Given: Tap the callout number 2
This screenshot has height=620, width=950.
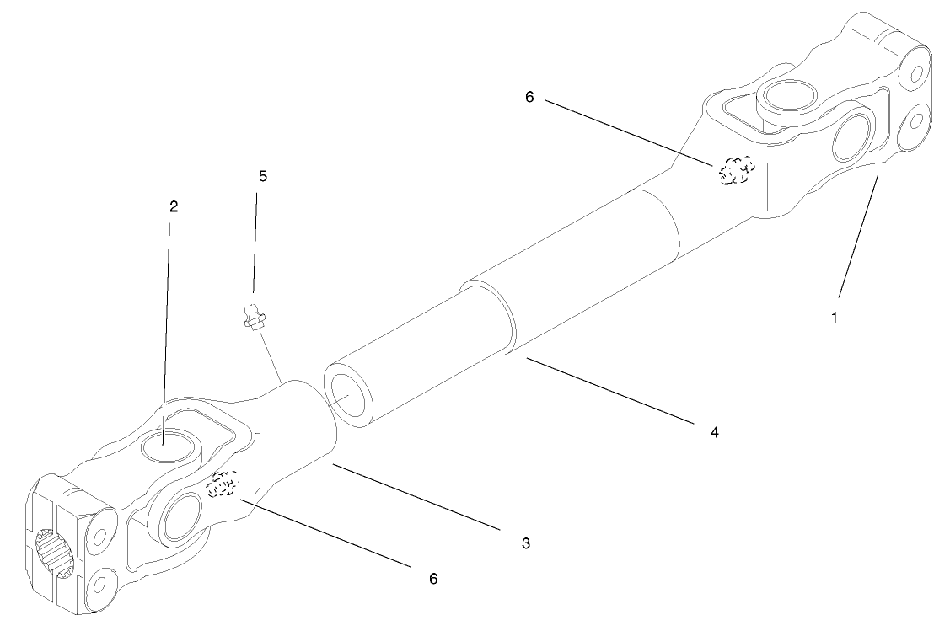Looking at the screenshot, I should coord(174,206).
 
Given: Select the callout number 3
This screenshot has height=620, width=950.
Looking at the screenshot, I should coord(525,543).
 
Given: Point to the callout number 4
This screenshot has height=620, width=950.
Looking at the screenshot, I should coord(713,432).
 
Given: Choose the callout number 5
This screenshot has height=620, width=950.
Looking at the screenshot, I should coord(262,176).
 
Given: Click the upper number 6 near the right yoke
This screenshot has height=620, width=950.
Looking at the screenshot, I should coord(529,98).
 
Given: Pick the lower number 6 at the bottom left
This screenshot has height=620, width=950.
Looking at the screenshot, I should coord(432,579).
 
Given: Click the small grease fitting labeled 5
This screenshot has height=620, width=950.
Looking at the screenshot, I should coord(250,319).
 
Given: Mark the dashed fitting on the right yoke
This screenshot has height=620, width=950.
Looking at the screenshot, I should coord(736,171).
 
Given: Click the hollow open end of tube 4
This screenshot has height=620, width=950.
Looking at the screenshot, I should coord(350,393).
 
